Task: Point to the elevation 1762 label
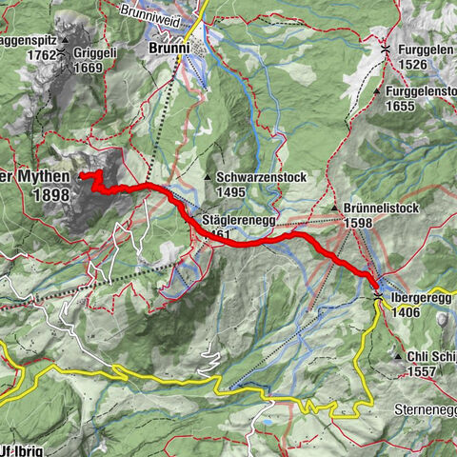pyautogui.click(x=42, y=54)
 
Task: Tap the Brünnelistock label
pyautogui.click(x=381, y=209)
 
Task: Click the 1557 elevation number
pyautogui.click(x=421, y=371)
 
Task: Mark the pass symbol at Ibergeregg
pyautogui.click(x=378, y=297)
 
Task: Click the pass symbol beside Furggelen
pyautogui.click(x=386, y=48)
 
